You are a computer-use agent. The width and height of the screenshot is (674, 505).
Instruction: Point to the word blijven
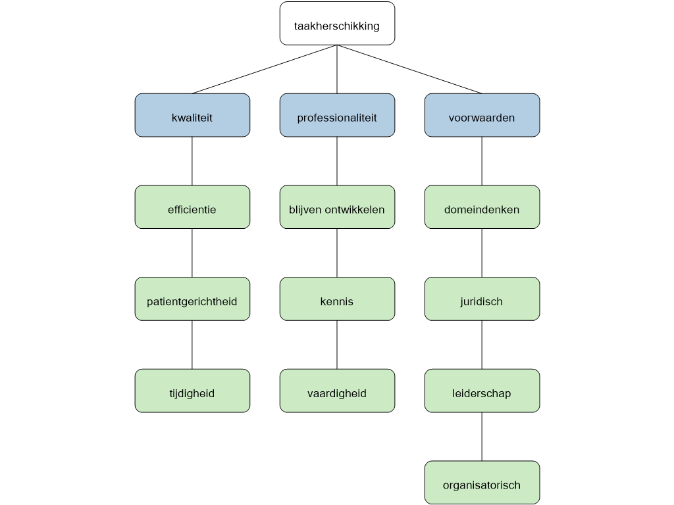(x=305, y=210)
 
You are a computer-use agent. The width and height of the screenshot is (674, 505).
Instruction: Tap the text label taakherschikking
(x=337, y=27)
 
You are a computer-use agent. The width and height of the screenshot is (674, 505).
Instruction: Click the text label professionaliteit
(x=337, y=118)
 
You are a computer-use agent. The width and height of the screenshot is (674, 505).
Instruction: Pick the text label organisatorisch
(x=482, y=486)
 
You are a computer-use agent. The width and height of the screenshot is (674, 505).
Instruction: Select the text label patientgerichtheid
(x=192, y=302)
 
